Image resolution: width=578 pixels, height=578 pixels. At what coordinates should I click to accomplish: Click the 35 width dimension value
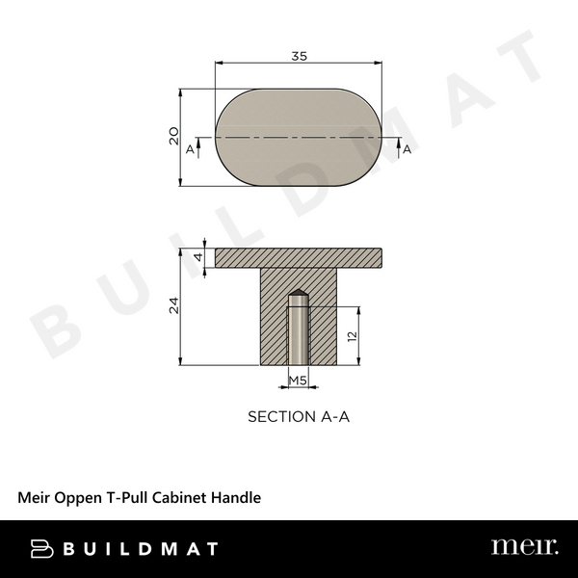click(299, 57)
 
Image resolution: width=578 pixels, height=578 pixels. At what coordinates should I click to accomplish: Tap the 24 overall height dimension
click(173, 306)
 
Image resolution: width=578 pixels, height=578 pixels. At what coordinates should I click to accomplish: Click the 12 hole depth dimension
click(353, 336)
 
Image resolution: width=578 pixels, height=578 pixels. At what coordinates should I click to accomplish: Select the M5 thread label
click(299, 381)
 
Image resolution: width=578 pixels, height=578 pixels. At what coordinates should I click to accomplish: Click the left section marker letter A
click(191, 149)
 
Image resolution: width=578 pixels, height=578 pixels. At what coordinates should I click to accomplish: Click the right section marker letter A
click(407, 149)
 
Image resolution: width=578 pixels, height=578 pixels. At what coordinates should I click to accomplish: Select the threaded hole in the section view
click(299, 332)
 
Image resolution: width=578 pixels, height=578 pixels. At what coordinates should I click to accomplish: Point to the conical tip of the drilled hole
click(299, 295)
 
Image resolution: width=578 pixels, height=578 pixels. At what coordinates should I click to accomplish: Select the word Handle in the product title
click(237, 498)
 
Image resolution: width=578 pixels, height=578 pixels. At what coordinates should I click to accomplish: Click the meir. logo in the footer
click(524, 547)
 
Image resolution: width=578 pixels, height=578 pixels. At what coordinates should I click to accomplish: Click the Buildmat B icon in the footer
click(39, 548)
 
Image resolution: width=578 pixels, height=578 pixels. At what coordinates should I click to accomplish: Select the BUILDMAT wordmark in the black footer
click(140, 548)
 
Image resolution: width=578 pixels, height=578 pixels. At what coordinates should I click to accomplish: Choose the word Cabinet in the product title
click(183, 498)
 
